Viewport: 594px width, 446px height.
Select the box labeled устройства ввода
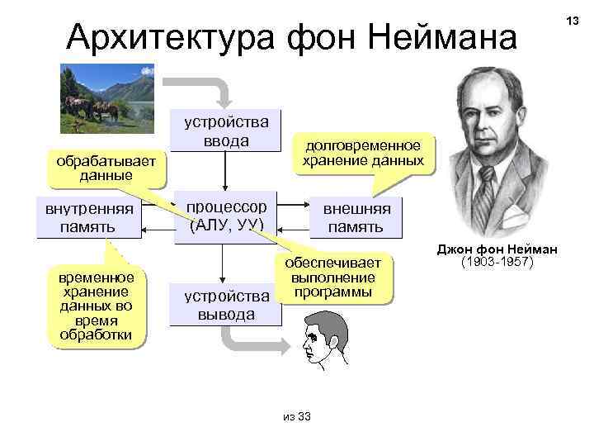225,131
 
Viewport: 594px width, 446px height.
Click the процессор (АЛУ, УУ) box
225,215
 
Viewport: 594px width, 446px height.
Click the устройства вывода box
219,305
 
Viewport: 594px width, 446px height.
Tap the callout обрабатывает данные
106,167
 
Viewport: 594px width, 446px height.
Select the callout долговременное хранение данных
363,152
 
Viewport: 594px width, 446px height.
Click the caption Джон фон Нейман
497,249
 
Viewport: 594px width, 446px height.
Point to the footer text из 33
296,416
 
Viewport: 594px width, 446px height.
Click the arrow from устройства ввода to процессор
225,173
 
